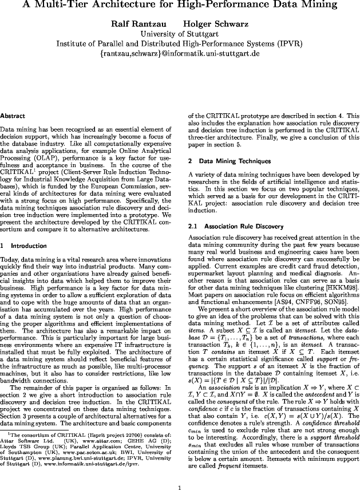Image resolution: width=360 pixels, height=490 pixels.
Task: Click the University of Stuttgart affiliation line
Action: tap(180, 34)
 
